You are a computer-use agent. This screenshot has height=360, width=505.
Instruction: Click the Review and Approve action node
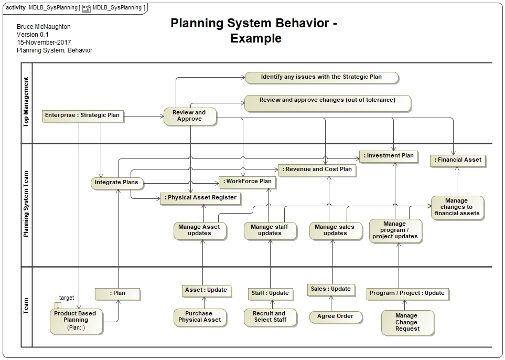pyautogui.click(x=189, y=116)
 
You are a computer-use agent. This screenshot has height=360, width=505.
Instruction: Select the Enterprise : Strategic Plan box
pyautogui.click(x=82, y=115)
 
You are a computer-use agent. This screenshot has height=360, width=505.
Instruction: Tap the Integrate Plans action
pyautogui.click(x=116, y=183)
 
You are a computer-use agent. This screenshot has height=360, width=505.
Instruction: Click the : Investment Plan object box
pyautogui.click(x=388, y=155)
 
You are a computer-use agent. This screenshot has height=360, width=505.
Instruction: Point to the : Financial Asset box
pyautogui.click(x=457, y=160)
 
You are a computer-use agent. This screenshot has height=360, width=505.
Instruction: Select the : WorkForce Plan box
pyautogui.click(x=247, y=182)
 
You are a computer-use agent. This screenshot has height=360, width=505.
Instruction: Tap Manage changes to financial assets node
pyautogui.click(x=457, y=207)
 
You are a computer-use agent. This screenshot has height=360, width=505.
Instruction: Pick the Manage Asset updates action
pyautogui.click(x=199, y=230)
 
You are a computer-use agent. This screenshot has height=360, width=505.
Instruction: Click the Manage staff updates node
pyautogui.click(x=270, y=230)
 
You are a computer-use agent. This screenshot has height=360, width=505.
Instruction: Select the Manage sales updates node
pyautogui.click(x=335, y=230)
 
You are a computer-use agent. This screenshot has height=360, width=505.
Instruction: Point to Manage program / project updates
pyautogui.click(x=394, y=230)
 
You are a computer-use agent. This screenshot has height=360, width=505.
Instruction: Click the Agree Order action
pyautogui.click(x=335, y=316)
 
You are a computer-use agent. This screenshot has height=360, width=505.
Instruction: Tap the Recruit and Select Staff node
pyautogui.click(x=270, y=316)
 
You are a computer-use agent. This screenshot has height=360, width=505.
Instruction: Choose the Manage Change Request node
pyautogui.click(x=407, y=322)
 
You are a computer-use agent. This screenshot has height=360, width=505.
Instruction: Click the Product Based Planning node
pyautogui.click(x=76, y=320)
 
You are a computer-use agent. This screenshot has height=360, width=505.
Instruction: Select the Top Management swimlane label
pyautogui.click(x=26, y=102)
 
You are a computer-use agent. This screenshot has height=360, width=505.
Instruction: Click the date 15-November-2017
pyautogui.click(x=44, y=43)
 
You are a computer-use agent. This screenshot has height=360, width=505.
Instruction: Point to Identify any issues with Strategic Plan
pyautogui.click(x=321, y=77)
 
